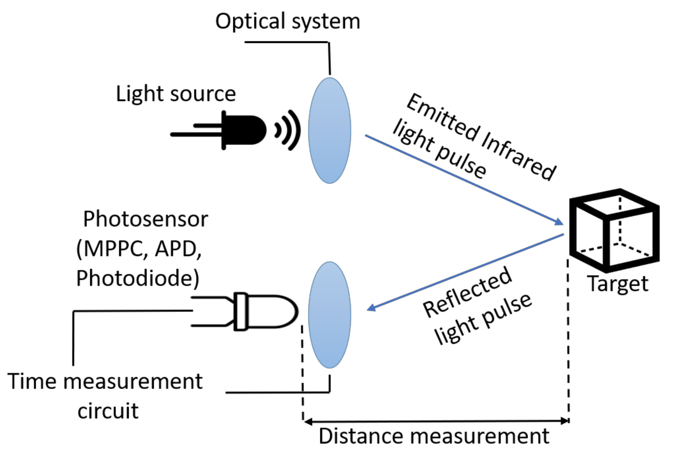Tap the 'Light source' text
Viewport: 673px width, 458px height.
point(176,94)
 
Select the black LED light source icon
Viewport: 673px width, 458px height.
point(232,130)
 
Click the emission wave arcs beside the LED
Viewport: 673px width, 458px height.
point(288,130)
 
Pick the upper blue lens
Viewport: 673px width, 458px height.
point(330,130)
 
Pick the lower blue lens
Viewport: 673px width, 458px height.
point(330,315)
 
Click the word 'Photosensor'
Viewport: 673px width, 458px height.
point(145,219)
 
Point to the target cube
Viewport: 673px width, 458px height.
point(614,230)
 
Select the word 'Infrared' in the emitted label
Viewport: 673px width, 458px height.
point(518,156)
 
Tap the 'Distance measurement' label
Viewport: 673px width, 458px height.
point(434,436)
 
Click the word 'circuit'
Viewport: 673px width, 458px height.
point(108,411)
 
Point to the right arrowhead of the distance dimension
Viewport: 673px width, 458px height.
point(565,421)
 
